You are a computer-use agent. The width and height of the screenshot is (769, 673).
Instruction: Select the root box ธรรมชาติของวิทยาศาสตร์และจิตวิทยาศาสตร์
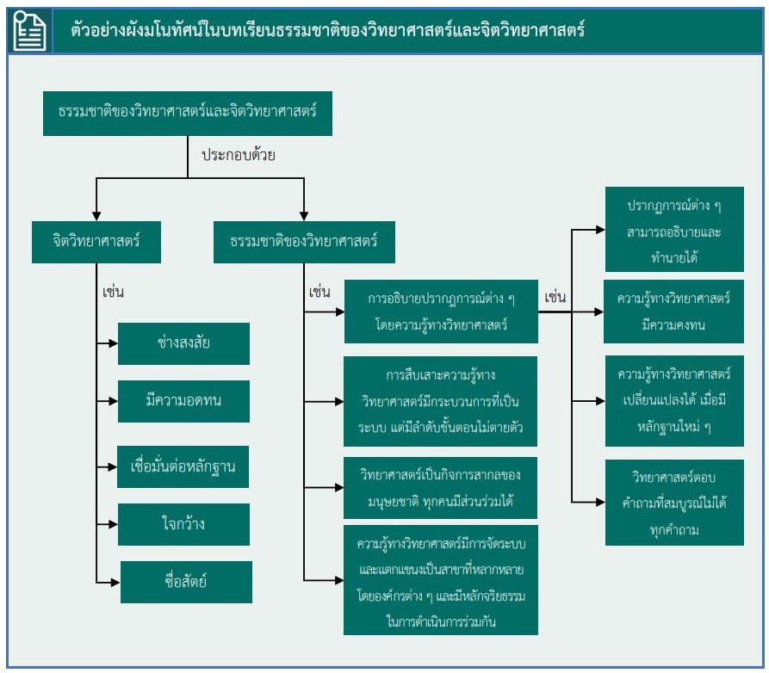pyautogui.click(x=187, y=112)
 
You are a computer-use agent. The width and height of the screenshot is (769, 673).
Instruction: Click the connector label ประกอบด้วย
pyautogui.click(x=238, y=156)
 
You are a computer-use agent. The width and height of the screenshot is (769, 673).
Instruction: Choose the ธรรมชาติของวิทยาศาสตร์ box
pyautogui.click(x=304, y=242)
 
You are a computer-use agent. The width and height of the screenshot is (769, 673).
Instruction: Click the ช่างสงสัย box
pyautogui.click(x=183, y=343)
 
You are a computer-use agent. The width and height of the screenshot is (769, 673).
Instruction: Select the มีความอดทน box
pyautogui.click(x=183, y=401)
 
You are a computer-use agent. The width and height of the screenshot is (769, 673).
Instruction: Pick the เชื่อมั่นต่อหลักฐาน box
pyautogui.click(x=184, y=467)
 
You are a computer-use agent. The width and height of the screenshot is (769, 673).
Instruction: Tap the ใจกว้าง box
pyautogui.click(x=183, y=524)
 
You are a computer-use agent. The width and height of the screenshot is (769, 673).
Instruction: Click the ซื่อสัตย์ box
pyautogui.click(x=185, y=582)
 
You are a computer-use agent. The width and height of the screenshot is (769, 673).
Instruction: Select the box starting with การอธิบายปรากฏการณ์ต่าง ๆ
pyautogui.click(x=440, y=312)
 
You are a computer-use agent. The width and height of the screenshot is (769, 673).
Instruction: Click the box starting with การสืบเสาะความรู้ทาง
pyautogui.click(x=440, y=401)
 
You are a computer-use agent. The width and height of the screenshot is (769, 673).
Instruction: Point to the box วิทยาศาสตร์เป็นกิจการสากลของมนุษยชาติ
pyautogui.click(x=440, y=487)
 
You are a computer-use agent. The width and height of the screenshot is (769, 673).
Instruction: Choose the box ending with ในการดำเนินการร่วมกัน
pyautogui.click(x=440, y=579)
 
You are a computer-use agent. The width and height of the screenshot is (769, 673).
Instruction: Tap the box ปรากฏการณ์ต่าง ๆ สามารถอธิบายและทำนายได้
pyautogui.click(x=674, y=230)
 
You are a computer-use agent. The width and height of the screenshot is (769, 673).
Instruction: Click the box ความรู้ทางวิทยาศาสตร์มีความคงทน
pyautogui.click(x=674, y=312)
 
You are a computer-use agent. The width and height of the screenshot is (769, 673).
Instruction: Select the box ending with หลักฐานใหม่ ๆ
pyautogui.click(x=674, y=400)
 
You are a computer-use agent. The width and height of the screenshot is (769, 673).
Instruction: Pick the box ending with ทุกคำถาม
pyautogui.click(x=674, y=503)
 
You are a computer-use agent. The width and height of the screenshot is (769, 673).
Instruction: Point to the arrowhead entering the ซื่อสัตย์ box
pyautogui.click(x=115, y=582)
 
